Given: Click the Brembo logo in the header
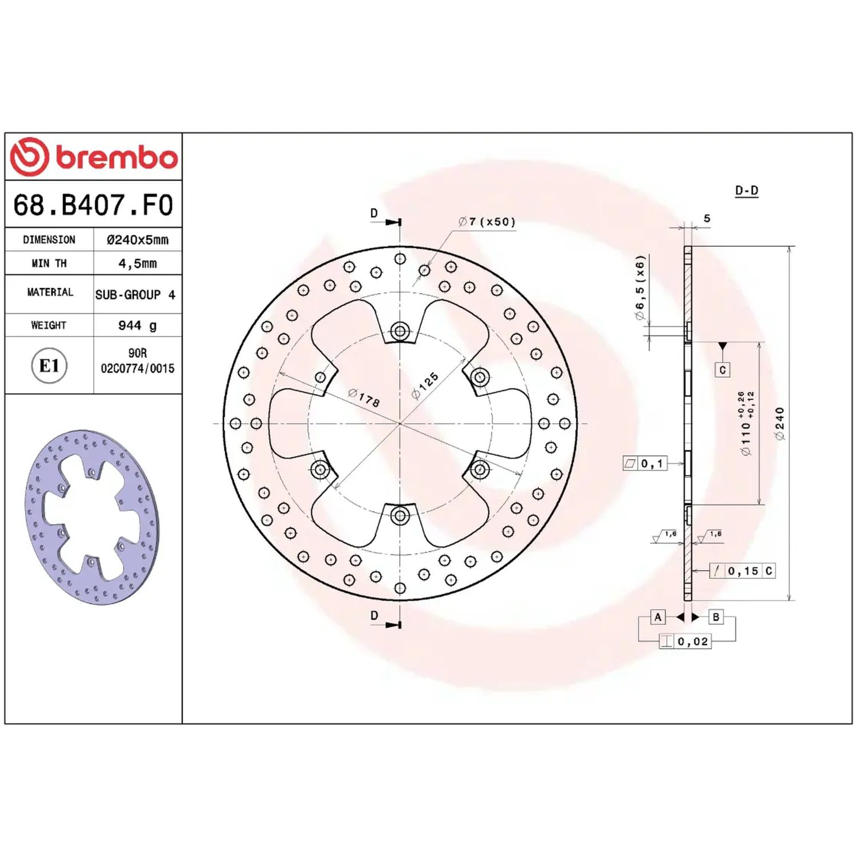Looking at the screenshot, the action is click(x=94, y=156).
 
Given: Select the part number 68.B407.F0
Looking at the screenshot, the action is click(x=93, y=205).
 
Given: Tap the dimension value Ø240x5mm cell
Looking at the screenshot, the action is click(x=138, y=240).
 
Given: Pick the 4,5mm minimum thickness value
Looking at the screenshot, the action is click(x=138, y=263).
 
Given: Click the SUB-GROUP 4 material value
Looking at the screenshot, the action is click(x=135, y=295).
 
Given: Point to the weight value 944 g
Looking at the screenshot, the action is click(x=138, y=325).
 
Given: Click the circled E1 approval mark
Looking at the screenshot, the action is click(x=49, y=365).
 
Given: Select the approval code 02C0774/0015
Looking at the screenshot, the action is click(x=138, y=369).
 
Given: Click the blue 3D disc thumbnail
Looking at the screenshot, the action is click(x=91, y=517).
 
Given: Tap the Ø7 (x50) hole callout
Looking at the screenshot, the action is click(x=487, y=222).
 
